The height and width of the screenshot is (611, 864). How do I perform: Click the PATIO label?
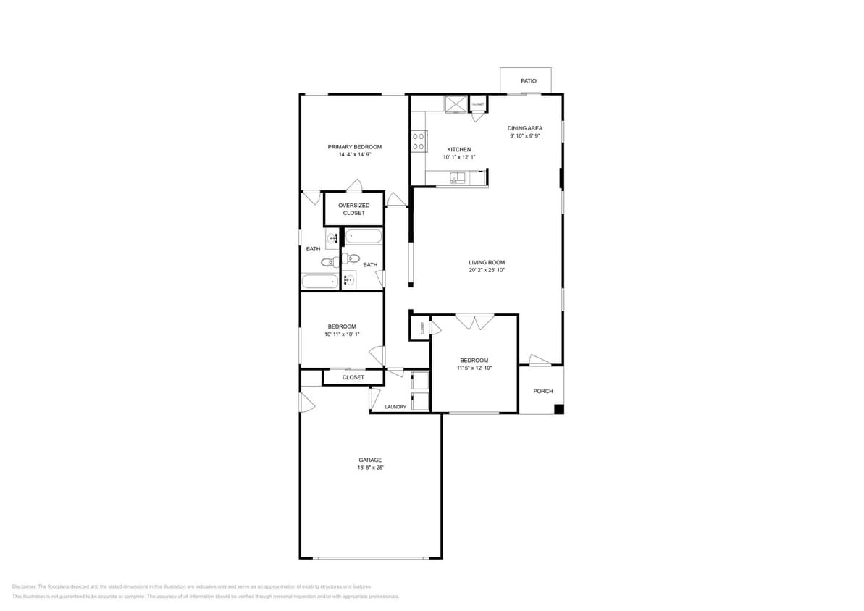point(529,80)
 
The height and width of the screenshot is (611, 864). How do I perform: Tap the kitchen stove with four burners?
point(418,141)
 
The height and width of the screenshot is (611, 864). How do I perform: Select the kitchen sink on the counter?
point(458,177)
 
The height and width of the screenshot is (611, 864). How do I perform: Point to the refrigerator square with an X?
point(456,104)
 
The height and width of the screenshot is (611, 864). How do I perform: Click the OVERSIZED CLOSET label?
point(353,209)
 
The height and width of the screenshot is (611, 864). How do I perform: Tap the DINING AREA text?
point(524,128)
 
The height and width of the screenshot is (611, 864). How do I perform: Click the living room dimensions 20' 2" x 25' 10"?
point(486,270)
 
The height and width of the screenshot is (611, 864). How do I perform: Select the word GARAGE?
point(369,460)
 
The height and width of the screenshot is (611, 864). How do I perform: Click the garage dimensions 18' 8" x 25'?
point(369,468)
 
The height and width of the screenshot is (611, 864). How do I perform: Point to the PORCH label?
point(542,391)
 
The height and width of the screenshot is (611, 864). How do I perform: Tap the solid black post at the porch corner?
point(558,410)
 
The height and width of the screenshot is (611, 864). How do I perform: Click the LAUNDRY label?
point(395,407)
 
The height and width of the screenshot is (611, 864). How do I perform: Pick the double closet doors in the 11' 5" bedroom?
point(474,321)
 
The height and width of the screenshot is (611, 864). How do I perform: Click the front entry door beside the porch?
point(540,360)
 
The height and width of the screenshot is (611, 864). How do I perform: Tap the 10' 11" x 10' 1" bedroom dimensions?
point(342,334)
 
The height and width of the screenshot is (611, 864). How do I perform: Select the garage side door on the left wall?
point(306,400)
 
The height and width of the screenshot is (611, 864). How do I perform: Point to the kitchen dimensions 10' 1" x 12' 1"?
point(458,157)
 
